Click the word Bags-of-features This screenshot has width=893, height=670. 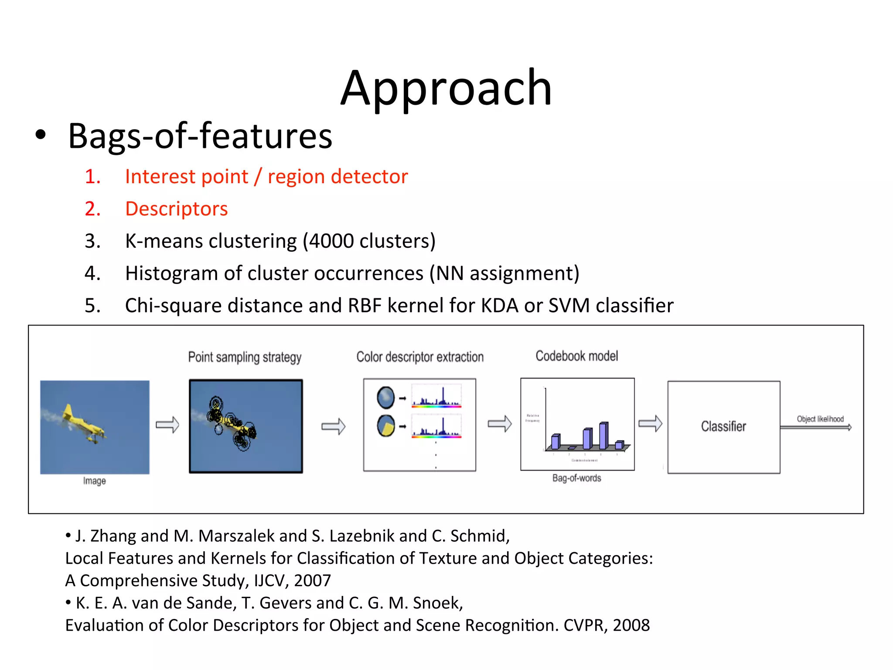[x=200, y=136]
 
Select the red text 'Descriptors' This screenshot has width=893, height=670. [x=176, y=209]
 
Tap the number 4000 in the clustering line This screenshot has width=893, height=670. [x=331, y=241]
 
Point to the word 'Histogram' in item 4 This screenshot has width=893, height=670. [x=171, y=273]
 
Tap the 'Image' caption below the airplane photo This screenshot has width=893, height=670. [x=94, y=481]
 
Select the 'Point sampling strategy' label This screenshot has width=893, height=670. [x=245, y=357]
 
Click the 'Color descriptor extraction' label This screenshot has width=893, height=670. [x=419, y=357]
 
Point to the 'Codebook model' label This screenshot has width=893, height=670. [x=576, y=356]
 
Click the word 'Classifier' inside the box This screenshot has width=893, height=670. [x=723, y=426]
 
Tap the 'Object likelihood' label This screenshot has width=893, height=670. [x=820, y=419]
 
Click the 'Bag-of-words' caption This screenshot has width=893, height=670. [x=576, y=478]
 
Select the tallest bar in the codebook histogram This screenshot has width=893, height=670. [x=603, y=435]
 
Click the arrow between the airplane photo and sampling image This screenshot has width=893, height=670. [x=167, y=424]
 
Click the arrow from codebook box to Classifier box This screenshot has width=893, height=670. [x=650, y=423]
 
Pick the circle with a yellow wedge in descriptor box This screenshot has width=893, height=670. [x=385, y=426]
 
